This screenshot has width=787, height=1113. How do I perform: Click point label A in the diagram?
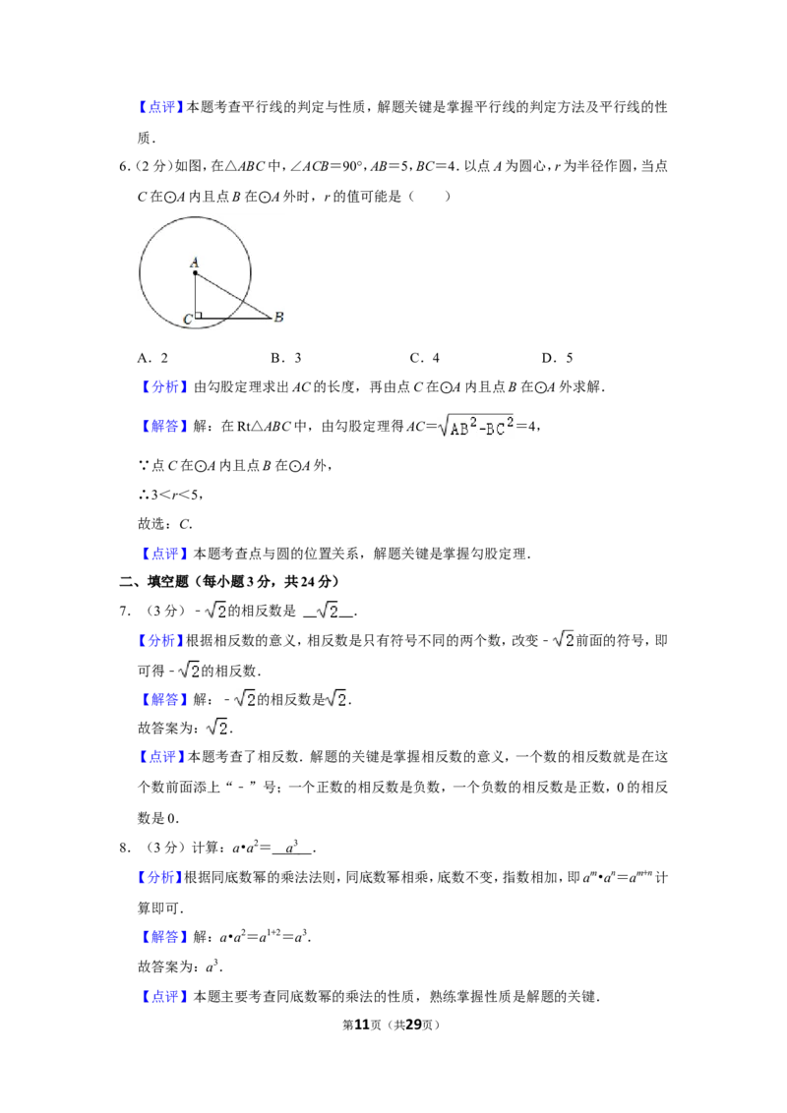pos(195,263)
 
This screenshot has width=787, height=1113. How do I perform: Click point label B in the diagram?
pos(279,317)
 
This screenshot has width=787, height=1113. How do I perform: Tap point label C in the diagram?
pos(188,320)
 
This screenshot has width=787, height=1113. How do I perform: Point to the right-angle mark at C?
pos(199,315)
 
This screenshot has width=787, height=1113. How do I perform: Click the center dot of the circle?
pos(195,273)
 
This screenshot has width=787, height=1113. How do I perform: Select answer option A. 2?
pos(152,358)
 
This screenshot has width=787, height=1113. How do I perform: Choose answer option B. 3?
pos(286,358)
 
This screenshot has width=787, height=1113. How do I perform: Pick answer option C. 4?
pos(425,358)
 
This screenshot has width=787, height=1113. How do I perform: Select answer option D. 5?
pos(558,358)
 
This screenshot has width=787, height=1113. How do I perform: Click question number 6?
pos(124,167)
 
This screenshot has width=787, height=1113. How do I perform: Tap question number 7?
pos(124,611)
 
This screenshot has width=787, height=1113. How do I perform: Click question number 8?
pos(124,848)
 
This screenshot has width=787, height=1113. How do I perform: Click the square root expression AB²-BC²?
pos(476,426)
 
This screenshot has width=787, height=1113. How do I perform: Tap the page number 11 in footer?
pos(362,1025)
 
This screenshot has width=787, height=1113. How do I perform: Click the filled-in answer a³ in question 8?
pos(292,847)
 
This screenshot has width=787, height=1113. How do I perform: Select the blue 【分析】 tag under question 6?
pos(162,386)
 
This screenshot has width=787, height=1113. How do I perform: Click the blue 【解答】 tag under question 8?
pos(162,937)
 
